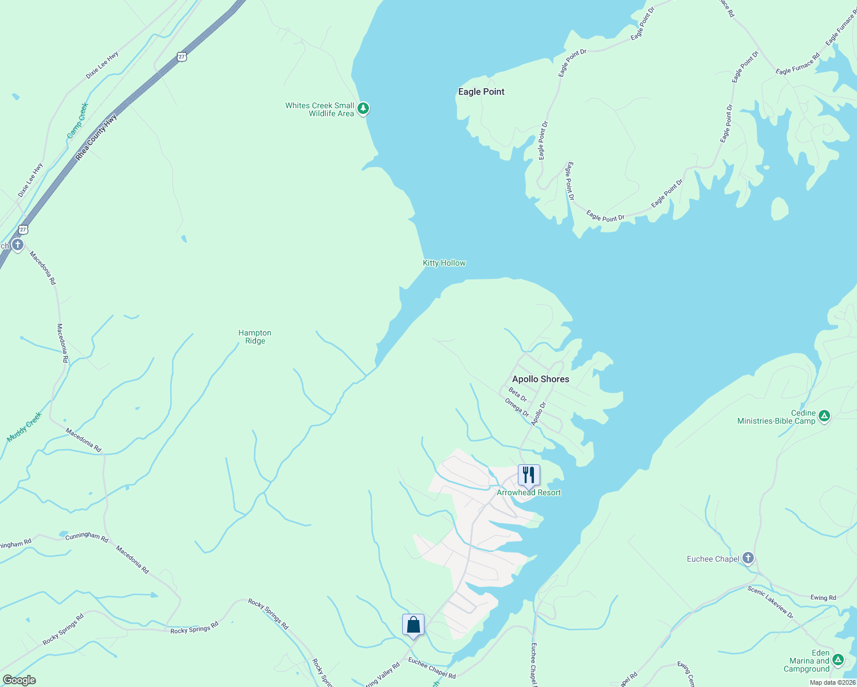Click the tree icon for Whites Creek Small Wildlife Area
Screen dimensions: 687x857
coord(363,108)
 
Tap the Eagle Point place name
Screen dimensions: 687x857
coord(481,92)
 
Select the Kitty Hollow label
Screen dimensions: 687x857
coord(444,263)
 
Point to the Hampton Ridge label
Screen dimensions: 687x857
coord(255,337)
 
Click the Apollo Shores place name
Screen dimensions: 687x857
coord(540,379)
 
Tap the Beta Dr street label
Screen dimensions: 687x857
coord(518,394)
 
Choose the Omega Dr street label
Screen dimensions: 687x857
coord(517,407)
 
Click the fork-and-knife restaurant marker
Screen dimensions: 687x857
coord(528,475)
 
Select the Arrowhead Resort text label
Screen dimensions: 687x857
coord(528,492)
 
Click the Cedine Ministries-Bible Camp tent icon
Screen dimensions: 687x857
coord(824,416)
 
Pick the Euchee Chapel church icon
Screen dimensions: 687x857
coord(748,558)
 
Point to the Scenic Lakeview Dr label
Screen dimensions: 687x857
coord(770,602)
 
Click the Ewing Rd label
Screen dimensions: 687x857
coord(823,598)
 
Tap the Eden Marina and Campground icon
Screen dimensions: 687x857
coord(838,660)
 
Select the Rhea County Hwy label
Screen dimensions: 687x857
coord(96,137)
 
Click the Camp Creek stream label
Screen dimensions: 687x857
coord(77,120)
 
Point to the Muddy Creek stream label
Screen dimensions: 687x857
coord(24,427)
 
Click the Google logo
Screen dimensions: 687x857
coord(19,680)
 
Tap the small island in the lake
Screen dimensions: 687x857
coord(780,209)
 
